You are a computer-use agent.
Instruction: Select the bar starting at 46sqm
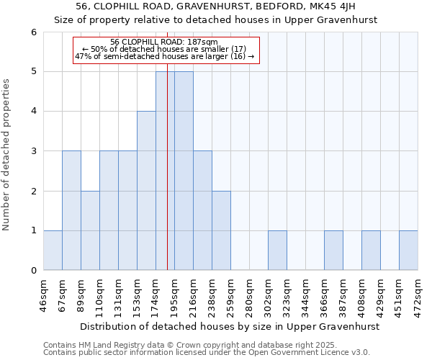(x=53, y=251)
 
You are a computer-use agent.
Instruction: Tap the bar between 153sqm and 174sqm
(x=146, y=191)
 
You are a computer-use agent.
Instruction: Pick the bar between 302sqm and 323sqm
(x=277, y=251)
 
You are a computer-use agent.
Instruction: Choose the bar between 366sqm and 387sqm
(x=333, y=251)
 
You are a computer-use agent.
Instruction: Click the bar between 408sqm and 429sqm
(x=371, y=251)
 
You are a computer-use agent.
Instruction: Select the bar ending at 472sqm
(x=408, y=251)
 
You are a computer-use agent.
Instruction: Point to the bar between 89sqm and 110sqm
(x=90, y=230)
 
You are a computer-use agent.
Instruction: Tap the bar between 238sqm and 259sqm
(x=221, y=230)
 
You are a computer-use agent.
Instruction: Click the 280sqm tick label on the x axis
(x=249, y=295)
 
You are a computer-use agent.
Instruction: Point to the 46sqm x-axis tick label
(x=43, y=295)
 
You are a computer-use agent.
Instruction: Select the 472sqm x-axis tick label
(x=418, y=295)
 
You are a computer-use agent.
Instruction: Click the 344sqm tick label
(x=305, y=295)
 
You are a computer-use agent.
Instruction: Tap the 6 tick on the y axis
(x=34, y=32)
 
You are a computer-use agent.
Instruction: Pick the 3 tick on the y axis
(x=34, y=151)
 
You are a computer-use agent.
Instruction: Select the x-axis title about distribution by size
(x=229, y=326)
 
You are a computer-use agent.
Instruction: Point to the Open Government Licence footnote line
(x=207, y=352)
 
